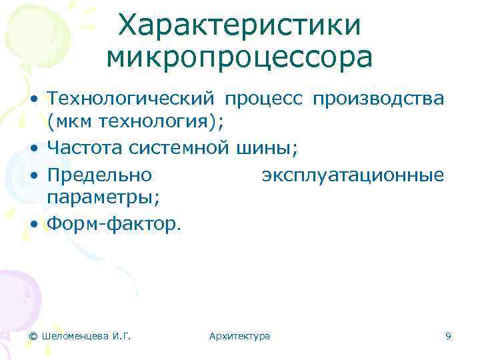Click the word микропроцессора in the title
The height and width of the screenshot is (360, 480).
point(239,58)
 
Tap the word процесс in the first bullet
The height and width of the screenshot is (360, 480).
point(264,99)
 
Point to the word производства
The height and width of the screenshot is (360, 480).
point(378,99)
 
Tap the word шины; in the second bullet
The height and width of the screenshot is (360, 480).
point(267,146)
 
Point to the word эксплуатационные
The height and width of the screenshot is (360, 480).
point(353,176)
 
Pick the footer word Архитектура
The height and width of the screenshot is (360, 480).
point(239,336)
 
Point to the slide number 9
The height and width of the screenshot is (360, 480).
point(448,336)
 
